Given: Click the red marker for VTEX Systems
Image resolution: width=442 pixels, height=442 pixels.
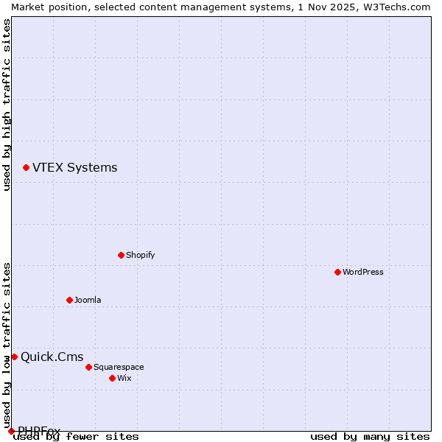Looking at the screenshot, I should [26, 168].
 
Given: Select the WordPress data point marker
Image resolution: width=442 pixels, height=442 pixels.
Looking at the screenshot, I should [337, 272].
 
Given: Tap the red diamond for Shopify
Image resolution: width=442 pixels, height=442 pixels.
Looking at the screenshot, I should [121, 255].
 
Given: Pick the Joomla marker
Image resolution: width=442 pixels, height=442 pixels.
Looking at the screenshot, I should [69, 300].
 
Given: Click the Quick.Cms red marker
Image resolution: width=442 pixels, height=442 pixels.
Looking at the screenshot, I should [14, 357].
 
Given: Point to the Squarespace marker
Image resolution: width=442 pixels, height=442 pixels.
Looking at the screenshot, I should [88, 367].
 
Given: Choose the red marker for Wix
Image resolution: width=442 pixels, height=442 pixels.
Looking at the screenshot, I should [112, 378].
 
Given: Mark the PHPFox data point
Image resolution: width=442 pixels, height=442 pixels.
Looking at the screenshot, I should [11, 431].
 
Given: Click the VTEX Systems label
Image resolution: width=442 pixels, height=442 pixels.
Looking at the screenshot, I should [74, 168].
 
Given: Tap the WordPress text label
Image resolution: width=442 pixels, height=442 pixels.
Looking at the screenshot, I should [363, 272].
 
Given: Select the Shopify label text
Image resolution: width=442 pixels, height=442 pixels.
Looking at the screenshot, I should [140, 255].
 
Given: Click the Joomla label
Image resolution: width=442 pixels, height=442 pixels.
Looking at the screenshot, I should [88, 300].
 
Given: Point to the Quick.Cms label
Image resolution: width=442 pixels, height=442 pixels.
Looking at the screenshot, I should [52, 357].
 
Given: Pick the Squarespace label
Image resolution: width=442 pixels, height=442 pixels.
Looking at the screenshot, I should [119, 367].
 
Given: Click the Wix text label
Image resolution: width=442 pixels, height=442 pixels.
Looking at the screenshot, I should [124, 378].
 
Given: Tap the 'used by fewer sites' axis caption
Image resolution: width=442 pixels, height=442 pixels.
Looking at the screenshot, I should [76, 436].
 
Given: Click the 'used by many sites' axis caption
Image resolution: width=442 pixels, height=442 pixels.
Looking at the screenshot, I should [370, 436].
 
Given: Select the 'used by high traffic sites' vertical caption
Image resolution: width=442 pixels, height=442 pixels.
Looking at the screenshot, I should [7, 105].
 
